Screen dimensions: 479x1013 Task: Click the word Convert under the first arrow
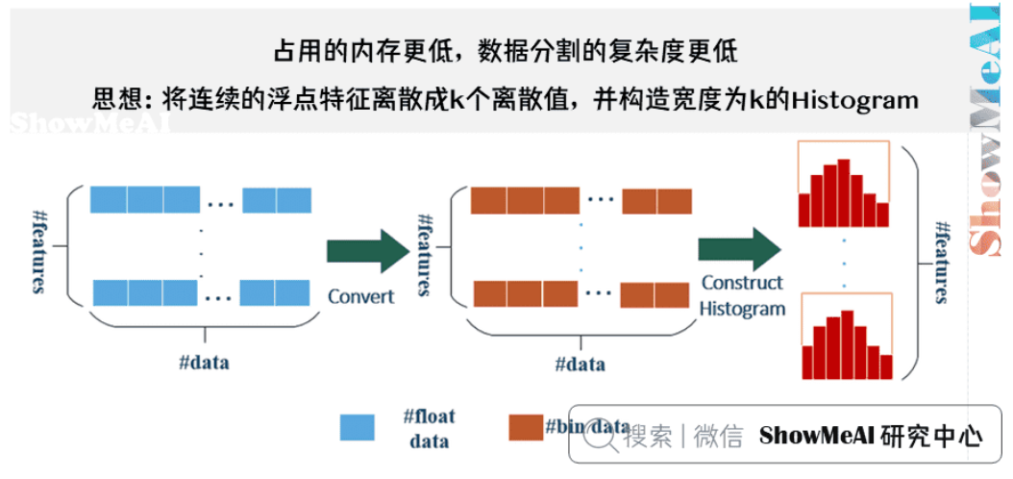click(x=361, y=296)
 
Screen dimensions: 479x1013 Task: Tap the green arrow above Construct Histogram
click(x=739, y=250)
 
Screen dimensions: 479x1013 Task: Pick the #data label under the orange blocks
click(x=581, y=365)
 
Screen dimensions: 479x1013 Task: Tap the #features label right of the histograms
click(x=943, y=261)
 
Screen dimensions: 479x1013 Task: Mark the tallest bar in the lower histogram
click(x=846, y=343)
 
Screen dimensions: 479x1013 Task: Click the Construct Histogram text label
click(x=741, y=295)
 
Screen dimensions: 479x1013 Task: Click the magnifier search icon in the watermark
click(x=602, y=436)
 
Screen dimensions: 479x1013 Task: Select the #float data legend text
click(x=429, y=429)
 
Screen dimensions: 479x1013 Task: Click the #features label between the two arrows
click(x=424, y=255)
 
